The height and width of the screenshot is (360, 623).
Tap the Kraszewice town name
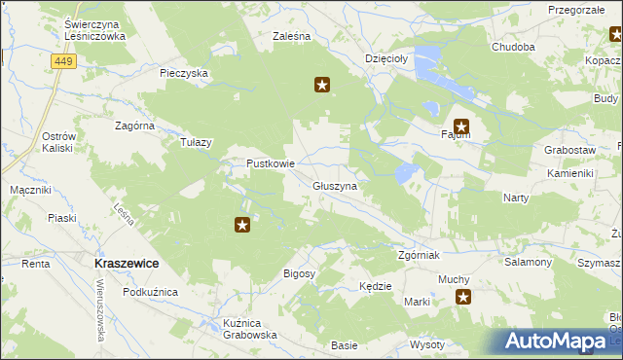pos(127,264)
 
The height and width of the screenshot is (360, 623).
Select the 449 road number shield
pos(63,61)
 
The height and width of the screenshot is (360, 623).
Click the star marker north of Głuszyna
pos(323,85)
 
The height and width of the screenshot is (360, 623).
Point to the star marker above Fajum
pos(461,125)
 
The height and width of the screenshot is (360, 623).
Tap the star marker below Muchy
pos(464,298)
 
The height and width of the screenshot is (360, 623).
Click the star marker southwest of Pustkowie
pos(242,226)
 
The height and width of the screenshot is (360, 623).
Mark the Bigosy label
pos(299,274)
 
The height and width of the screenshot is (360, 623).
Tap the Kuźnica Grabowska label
pos(250,329)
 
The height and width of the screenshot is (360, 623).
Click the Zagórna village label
pos(135,126)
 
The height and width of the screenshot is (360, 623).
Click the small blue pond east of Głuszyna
pos(404,175)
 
